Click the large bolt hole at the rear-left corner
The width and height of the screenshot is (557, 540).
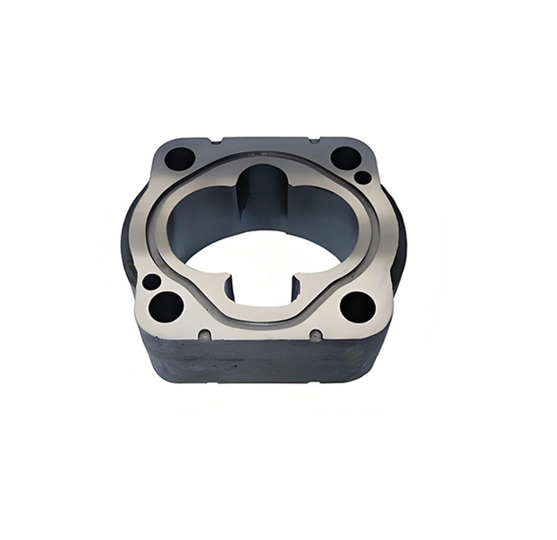click(180, 159)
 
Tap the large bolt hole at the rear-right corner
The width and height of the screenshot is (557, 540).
click(346, 157)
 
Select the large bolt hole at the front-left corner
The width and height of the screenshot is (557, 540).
click(165, 306)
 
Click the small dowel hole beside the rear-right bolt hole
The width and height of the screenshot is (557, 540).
click(363, 177)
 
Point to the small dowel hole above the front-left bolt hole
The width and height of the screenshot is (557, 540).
click(151, 282)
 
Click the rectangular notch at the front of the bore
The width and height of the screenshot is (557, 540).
click(262, 288)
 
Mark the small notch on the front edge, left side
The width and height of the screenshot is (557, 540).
click(205, 335)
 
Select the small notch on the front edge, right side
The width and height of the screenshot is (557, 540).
click(316, 335)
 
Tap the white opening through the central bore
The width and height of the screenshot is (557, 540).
click(261, 257)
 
